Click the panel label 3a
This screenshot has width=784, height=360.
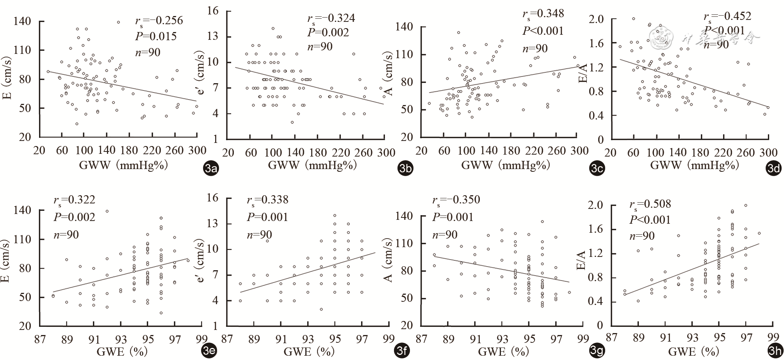point(211,169)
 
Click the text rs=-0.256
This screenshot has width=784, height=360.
point(159,21)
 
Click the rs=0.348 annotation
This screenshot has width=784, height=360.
point(543,14)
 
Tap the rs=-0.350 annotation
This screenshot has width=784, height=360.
point(456,200)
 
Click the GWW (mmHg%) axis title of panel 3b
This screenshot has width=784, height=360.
point(312,166)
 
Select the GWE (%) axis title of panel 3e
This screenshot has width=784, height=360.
point(121,352)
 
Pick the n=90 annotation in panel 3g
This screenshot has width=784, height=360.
point(444,235)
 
